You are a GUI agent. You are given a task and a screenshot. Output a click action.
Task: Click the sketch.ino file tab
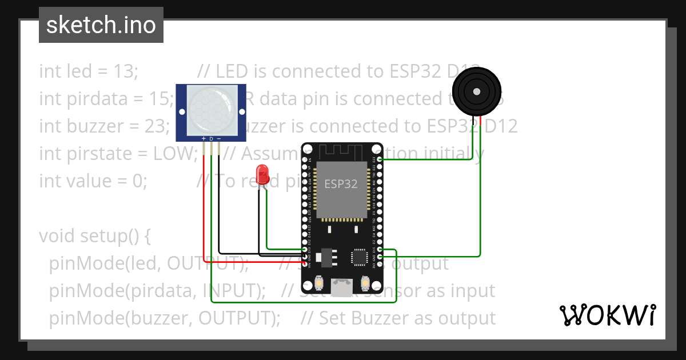pyautogui.click(x=101, y=25)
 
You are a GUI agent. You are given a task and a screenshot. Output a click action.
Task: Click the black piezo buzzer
pyautogui.click(x=476, y=91)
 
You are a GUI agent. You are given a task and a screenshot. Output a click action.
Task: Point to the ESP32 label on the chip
pyautogui.click(x=341, y=184)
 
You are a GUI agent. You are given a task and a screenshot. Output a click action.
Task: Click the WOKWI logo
pyautogui.click(x=607, y=315)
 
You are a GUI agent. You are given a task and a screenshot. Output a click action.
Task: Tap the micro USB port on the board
pyautogui.click(x=342, y=287)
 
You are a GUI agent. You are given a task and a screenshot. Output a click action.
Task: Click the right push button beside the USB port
pyautogui.click(x=365, y=282)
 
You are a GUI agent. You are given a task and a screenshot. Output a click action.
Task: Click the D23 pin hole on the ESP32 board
pyautogui.click(x=380, y=159)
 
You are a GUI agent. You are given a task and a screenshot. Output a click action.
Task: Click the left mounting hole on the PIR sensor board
pyautogui.click(x=182, y=112)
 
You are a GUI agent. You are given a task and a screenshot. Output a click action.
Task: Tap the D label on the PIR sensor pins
pyautogui.click(x=211, y=139)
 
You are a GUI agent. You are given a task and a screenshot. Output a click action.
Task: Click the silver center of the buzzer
pyautogui.click(x=476, y=91)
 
